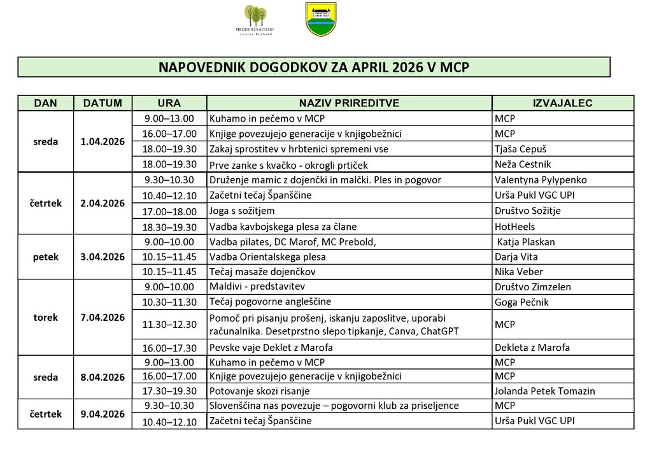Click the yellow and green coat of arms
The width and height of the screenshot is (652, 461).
[321, 19]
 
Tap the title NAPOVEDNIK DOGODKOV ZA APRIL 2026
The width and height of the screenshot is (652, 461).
[313, 67]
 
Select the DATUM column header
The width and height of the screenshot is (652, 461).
[103, 103]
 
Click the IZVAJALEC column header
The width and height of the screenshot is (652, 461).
[562, 103]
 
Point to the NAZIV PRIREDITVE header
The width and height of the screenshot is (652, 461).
[349, 103]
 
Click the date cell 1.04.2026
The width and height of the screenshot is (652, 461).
[103, 141]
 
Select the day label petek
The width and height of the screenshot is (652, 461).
[46, 257]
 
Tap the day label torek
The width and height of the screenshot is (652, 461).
[46, 317]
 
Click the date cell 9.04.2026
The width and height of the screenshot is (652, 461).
[103, 414]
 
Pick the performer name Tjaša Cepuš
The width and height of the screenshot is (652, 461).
[520, 149]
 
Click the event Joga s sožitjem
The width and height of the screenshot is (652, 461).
[242, 211]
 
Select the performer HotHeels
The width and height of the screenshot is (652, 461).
[514, 227]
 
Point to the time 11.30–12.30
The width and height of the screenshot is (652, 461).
[169, 325]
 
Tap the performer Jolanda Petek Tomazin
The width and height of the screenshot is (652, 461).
[544, 391]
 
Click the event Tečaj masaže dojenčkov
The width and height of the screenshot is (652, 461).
[262, 272]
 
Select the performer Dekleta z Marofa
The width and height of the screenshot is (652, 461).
[532, 348]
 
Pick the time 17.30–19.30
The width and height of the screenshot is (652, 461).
[169, 391]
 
